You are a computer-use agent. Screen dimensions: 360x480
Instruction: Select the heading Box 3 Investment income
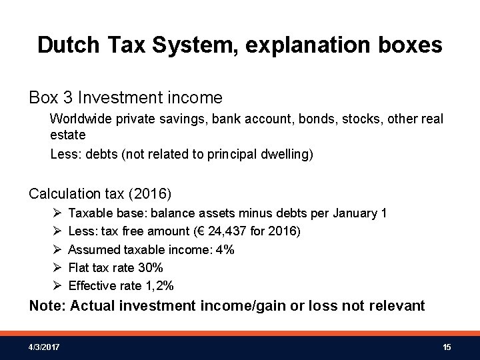125,98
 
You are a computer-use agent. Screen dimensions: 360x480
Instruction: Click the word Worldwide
79,118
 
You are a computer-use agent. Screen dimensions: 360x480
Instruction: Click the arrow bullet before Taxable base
56,213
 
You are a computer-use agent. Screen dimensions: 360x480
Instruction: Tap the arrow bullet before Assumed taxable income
56,249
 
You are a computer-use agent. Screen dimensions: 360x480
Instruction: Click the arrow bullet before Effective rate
56,285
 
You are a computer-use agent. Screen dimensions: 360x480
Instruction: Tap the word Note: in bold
47,306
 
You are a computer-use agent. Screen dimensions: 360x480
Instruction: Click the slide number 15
447,347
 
